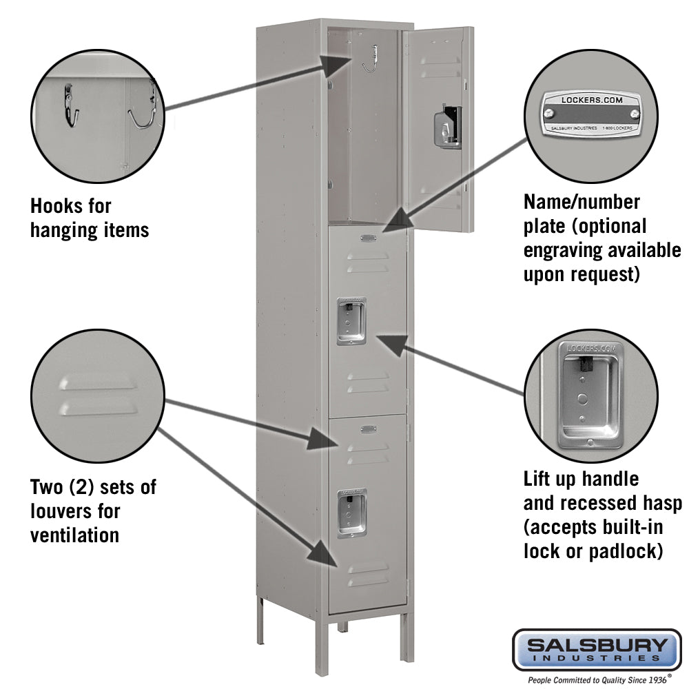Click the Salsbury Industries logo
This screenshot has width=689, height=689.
point(597,649)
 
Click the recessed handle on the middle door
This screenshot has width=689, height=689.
point(351,321)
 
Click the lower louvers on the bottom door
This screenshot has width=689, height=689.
point(367,575)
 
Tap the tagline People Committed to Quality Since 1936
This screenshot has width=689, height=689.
point(597,679)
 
